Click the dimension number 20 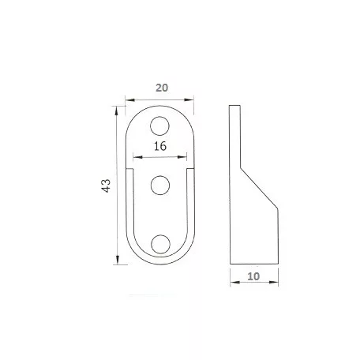click(162, 88)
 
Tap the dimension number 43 click(106, 186)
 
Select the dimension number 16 click(160, 146)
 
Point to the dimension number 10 click(253, 276)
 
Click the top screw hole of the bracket click(159, 126)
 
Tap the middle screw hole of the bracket click(160, 186)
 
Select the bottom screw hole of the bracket click(160, 244)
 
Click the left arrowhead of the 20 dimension click(129, 100)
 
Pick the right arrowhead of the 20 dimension click(189, 99)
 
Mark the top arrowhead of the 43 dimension click(116, 111)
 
